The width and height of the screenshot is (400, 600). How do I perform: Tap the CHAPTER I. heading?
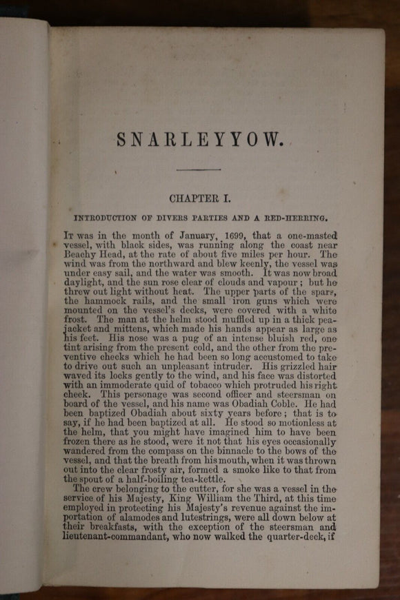tap(199, 198)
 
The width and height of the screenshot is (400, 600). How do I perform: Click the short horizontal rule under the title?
tap(198, 169)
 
